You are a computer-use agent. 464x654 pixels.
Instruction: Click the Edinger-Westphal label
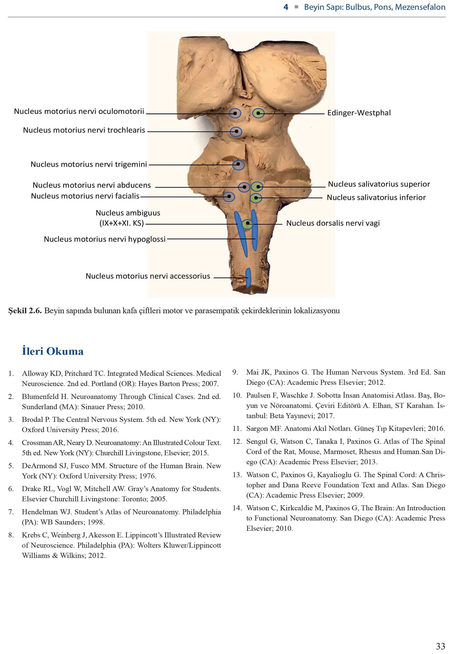click(x=359, y=113)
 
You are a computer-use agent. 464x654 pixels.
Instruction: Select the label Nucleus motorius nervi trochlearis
click(x=84, y=130)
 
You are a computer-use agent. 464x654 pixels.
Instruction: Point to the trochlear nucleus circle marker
click(x=236, y=131)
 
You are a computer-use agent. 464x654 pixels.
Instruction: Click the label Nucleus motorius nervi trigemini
click(x=89, y=164)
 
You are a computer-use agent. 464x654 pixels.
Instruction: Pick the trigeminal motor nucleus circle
click(x=238, y=165)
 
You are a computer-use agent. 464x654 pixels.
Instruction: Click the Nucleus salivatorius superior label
click(x=379, y=184)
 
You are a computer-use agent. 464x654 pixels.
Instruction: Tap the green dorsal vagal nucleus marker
click(x=247, y=224)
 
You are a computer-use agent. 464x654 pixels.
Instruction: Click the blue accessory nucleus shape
click(x=248, y=277)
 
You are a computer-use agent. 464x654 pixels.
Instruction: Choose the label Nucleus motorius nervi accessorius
click(x=148, y=276)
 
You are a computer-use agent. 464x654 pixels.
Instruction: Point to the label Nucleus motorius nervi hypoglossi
click(x=105, y=239)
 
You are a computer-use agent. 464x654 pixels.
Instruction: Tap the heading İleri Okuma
click(x=53, y=351)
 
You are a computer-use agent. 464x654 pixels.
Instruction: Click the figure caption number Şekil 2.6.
click(x=25, y=311)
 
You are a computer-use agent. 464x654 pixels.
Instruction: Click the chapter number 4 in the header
click(x=286, y=7)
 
